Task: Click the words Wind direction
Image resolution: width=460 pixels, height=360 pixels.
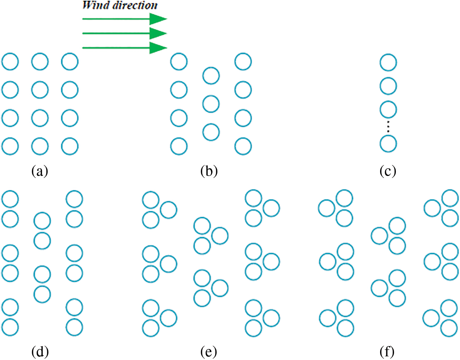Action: [120, 5]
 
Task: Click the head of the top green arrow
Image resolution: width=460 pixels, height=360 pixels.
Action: [158, 19]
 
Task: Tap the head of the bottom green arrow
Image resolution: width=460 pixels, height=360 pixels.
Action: [158, 48]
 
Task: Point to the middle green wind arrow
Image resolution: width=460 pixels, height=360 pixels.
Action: [125, 33]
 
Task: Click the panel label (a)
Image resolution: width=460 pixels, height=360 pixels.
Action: [40, 171]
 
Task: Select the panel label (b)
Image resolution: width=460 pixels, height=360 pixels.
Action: [209, 171]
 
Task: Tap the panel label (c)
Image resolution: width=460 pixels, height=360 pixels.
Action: [388, 171]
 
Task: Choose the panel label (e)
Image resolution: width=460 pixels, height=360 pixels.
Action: [209, 352]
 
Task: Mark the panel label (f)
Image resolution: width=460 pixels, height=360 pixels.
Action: [387, 352]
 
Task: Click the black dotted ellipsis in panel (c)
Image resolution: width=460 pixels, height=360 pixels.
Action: [388, 127]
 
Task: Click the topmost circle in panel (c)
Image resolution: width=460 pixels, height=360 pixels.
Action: [388, 62]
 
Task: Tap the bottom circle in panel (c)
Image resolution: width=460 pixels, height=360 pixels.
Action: [388, 144]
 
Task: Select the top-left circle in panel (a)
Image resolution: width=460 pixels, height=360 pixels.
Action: [10, 62]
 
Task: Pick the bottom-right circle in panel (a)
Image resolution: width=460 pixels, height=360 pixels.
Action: [70, 147]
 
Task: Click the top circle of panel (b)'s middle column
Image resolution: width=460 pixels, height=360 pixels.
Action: [211, 76]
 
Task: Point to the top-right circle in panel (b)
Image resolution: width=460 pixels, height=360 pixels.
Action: [243, 62]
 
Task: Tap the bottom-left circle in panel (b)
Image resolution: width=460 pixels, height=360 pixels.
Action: [179, 147]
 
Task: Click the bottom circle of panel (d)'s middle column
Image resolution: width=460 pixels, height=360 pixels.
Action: [42, 294]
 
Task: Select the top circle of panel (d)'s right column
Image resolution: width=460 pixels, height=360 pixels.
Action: [74, 199]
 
